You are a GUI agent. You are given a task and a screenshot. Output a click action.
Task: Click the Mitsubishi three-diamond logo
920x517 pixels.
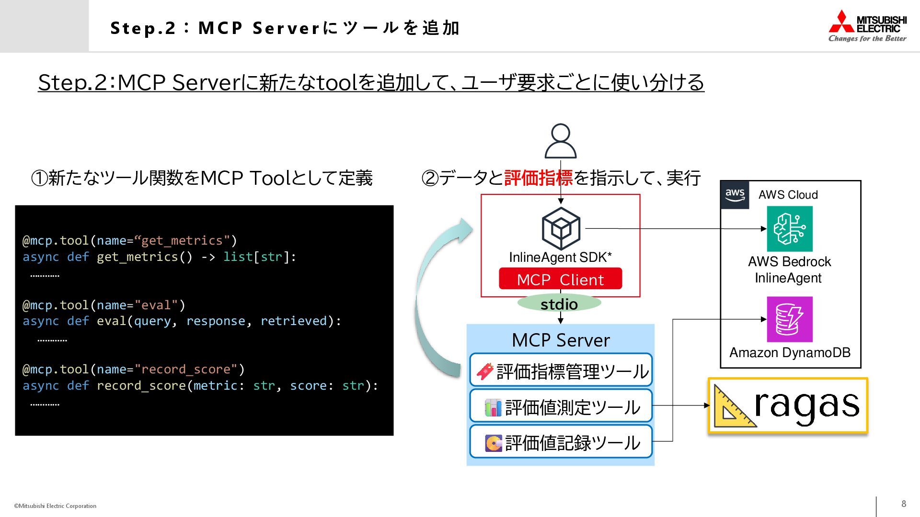click(x=841, y=22)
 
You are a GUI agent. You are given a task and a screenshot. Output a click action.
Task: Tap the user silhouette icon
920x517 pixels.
click(x=561, y=141)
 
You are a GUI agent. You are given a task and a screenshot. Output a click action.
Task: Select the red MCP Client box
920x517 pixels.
click(x=560, y=279)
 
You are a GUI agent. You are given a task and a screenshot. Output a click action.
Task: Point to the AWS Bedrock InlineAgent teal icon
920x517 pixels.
click(x=789, y=229)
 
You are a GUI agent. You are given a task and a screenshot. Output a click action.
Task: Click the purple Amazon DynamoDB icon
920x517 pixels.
click(x=789, y=319)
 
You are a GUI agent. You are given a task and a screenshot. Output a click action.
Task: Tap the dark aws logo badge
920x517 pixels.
click(x=735, y=195)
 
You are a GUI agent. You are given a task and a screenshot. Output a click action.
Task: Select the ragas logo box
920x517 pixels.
click(x=788, y=406)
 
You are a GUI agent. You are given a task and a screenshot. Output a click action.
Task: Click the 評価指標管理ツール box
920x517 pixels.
click(x=561, y=371)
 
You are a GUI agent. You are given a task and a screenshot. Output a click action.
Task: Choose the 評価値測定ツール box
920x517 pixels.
click(x=561, y=407)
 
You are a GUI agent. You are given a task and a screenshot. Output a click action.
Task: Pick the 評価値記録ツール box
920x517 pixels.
click(x=561, y=442)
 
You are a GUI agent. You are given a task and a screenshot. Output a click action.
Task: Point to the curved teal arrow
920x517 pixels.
click(x=434, y=297)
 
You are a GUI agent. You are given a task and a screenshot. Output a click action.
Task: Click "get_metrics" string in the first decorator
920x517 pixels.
click(x=182, y=240)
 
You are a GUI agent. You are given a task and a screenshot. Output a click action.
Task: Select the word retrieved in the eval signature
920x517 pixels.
click(x=293, y=321)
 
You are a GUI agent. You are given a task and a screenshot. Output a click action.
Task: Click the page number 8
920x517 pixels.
click(x=904, y=504)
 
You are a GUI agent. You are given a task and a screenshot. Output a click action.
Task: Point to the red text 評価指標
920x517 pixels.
click(x=538, y=178)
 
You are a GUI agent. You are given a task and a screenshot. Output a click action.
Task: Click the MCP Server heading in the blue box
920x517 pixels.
click(x=561, y=340)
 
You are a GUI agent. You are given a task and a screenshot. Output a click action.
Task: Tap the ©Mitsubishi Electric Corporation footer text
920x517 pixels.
click(x=55, y=506)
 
